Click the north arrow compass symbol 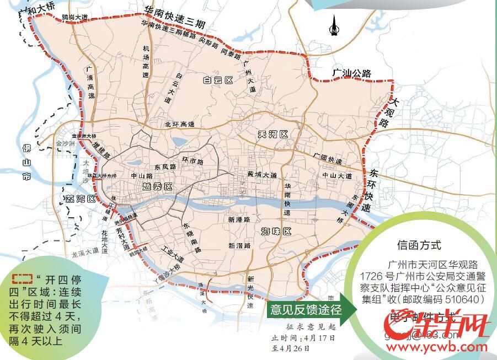(x=333, y=25)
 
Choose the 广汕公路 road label (x=351, y=73)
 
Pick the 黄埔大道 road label (x=262, y=175)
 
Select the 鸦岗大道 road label (x=74, y=17)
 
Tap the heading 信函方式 (x=419, y=245)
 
